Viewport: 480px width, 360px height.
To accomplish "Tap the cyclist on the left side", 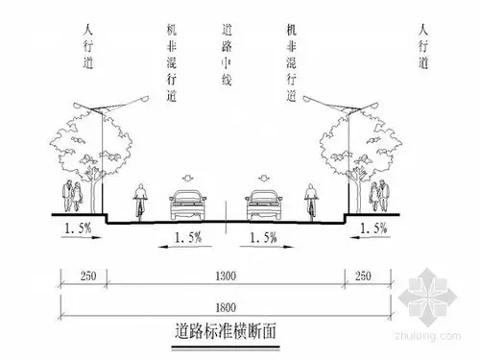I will (141, 200).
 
